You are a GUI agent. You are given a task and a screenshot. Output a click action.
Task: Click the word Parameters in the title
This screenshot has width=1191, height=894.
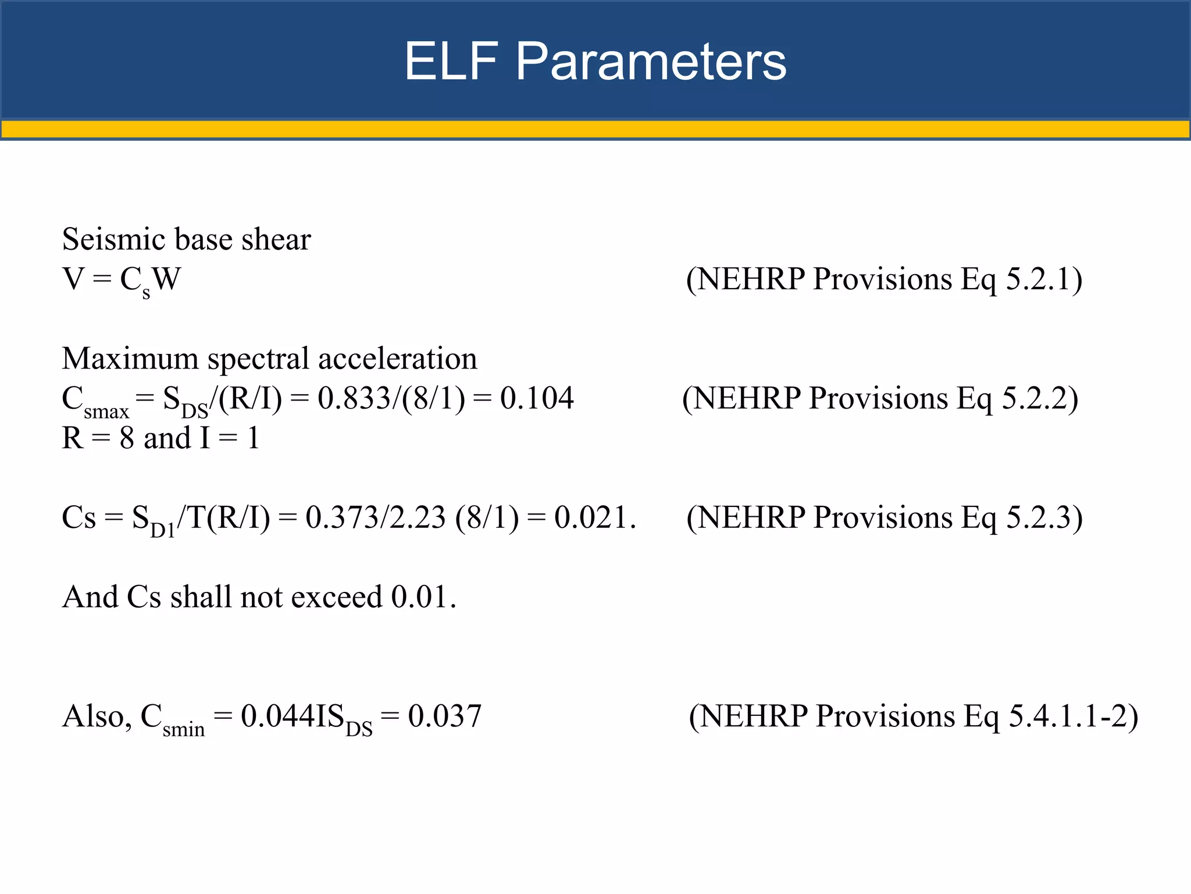pos(651,61)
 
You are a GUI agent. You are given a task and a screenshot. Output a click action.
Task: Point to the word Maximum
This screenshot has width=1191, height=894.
pos(130,359)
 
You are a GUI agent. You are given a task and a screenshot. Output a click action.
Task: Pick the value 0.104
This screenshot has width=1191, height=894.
pos(537,399)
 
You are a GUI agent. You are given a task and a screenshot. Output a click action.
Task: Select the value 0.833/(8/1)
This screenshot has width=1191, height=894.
pos(391,399)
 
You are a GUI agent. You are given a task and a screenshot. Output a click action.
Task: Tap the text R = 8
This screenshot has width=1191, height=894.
pos(98,438)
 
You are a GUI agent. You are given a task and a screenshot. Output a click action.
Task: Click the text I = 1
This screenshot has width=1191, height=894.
pos(229,438)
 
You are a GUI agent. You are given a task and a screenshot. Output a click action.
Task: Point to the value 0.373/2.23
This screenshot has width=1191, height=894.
pos(376,517)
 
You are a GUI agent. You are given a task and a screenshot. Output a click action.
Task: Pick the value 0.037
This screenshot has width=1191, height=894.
pos(445,716)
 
